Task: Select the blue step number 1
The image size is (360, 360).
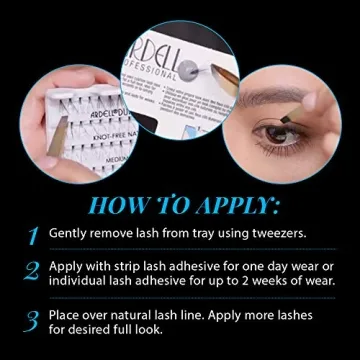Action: tap(31, 234)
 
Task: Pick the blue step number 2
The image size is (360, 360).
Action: tap(31, 271)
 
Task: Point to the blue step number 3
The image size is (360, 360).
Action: tap(31, 321)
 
